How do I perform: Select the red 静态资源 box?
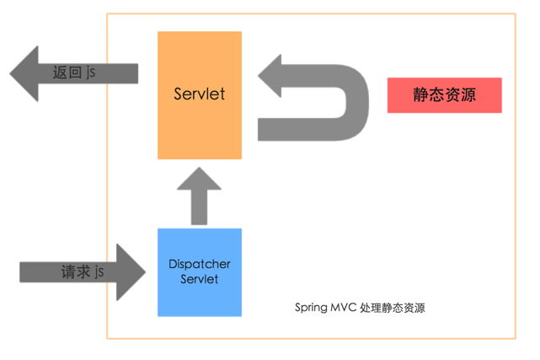click(x=444, y=94)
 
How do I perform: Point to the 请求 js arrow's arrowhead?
click(x=131, y=271)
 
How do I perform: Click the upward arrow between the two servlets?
click(x=200, y=196)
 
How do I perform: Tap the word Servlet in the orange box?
click(x=200, y=94)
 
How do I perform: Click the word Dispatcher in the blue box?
click(x=200, y=264)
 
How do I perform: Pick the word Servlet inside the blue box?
click(x=200, y=279)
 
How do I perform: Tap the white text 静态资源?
click(x=444, y=94)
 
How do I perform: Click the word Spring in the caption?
click(x=311, y=308)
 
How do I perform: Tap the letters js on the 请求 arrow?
click(x=99, y=271)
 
